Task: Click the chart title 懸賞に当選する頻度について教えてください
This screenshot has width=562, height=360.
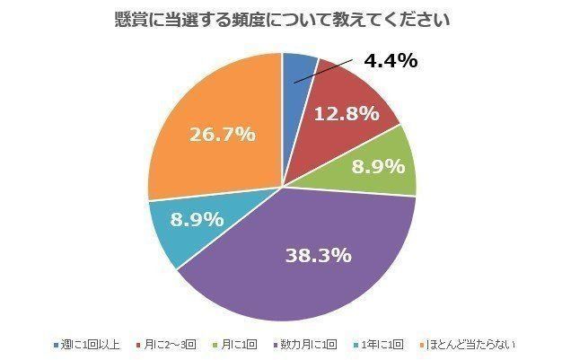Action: [282, 19]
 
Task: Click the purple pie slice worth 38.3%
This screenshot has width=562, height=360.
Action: [305, 260]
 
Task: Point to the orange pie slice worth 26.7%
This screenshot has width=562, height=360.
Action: [206, 126]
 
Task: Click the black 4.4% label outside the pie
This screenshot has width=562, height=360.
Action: [391, 61]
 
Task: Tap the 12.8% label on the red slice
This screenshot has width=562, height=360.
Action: [344, 114]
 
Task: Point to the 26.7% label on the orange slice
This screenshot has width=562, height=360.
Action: [222, 134]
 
